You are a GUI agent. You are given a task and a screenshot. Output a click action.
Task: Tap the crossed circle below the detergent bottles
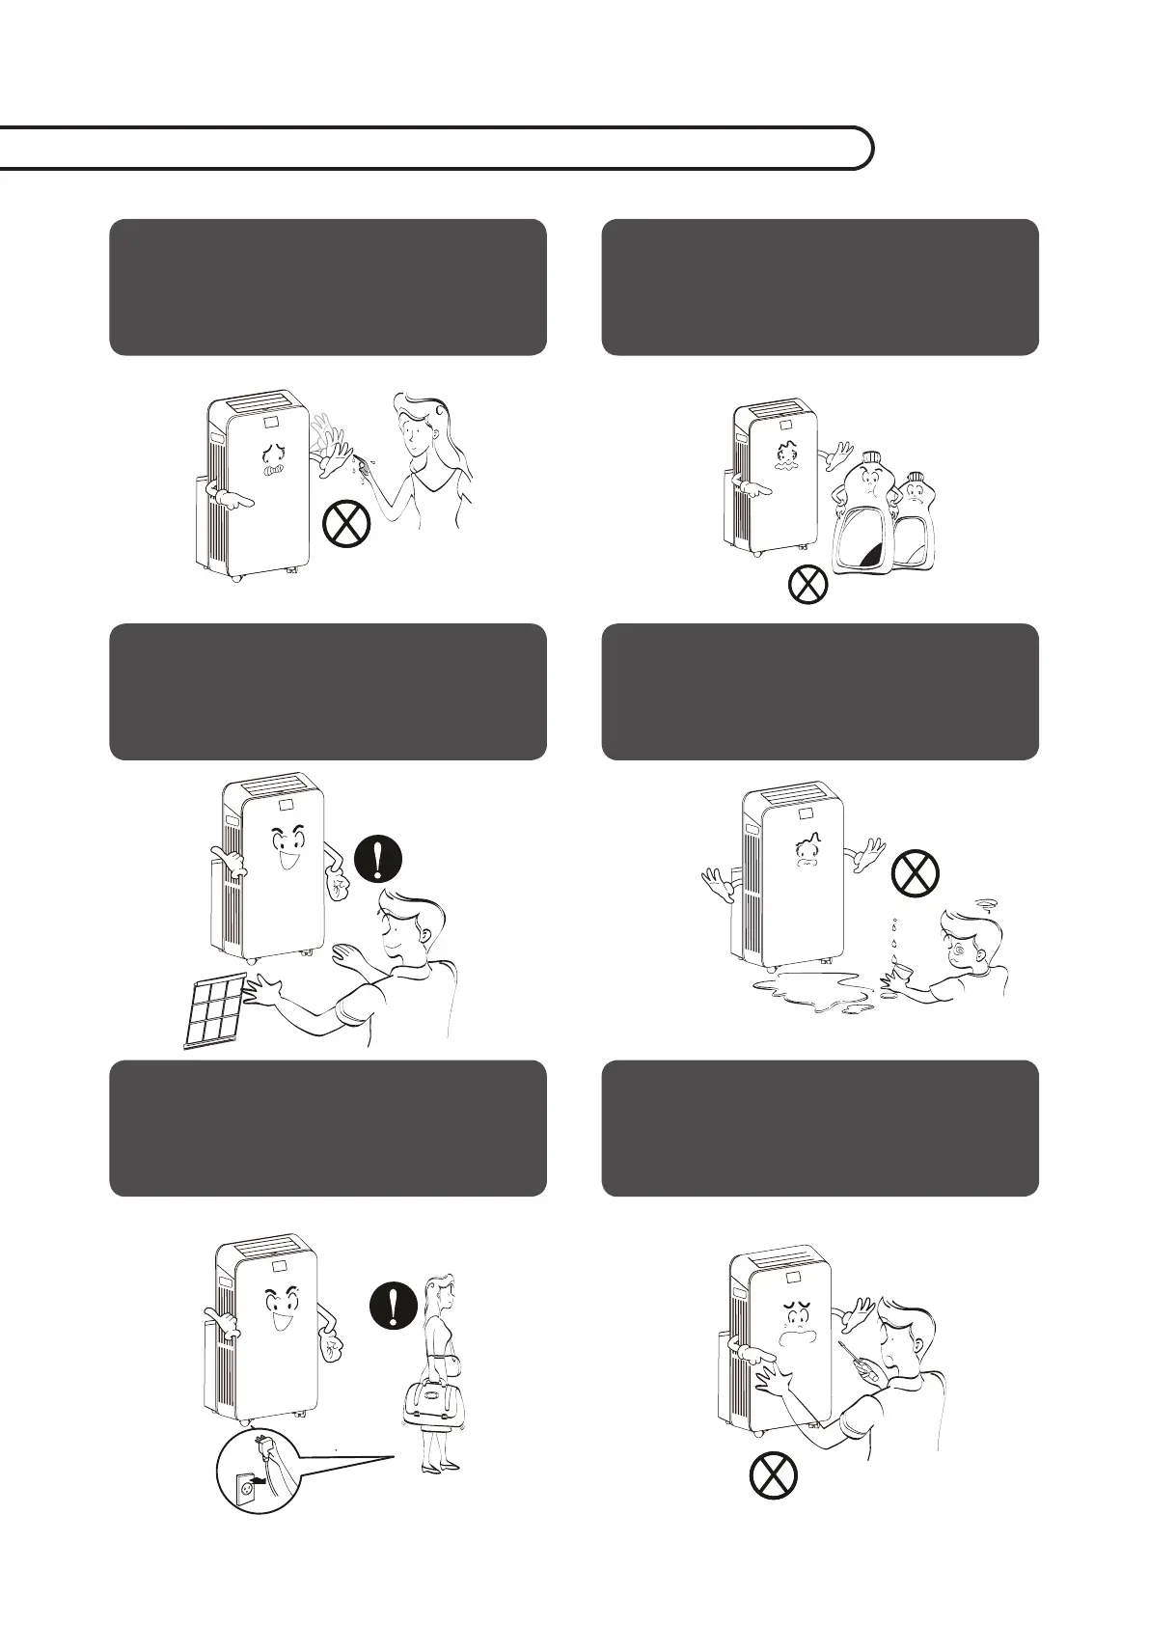807,585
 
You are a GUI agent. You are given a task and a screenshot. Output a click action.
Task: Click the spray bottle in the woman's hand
362,465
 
